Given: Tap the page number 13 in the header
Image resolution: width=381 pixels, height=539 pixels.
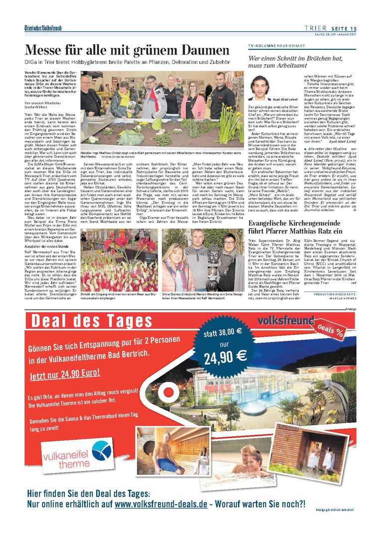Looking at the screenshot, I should pyautogui.click(x=353, y=28).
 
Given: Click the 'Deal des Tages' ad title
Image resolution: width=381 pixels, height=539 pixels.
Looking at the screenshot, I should pyautogui.click(x=90, y=320).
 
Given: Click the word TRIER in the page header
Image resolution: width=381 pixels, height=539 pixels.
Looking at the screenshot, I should pyautogui.click(x=318, y=28).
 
